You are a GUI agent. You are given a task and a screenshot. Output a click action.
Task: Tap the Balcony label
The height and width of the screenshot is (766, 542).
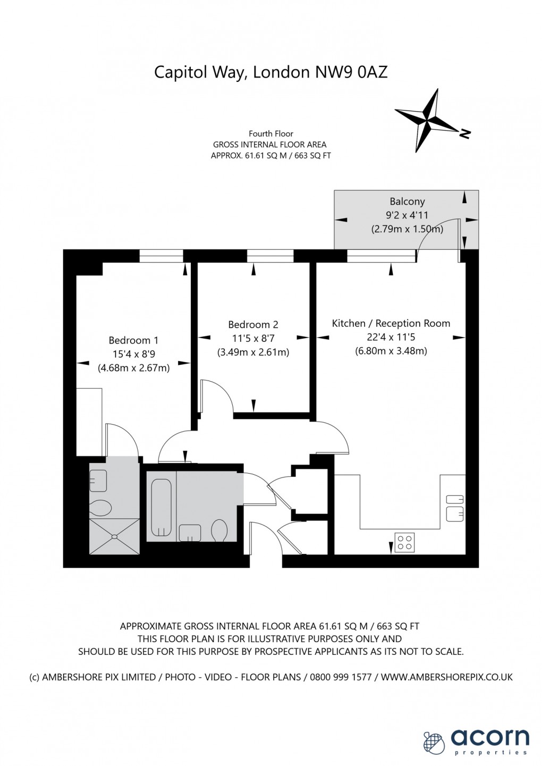(x=407, y=201)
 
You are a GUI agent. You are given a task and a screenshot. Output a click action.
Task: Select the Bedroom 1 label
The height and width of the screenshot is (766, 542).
(x=133, y=340)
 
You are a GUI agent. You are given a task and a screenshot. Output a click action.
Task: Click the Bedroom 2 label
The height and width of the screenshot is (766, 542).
(x=253, y=324)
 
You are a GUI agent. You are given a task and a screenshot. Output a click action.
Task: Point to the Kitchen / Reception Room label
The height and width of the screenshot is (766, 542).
(x=391, y=323)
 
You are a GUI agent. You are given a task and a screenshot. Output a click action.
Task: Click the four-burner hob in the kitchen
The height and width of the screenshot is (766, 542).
(x=404, y=542)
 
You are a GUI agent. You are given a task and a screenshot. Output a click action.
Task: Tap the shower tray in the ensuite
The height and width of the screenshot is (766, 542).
(x=114, y=536)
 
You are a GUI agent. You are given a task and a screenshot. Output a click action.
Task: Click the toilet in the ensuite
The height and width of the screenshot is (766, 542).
(x=100, y=508)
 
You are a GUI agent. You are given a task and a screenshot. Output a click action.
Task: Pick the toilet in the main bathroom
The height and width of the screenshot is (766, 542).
(x=219, y=530)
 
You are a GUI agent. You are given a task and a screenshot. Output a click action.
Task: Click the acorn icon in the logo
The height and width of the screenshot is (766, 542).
(x=434, y=741)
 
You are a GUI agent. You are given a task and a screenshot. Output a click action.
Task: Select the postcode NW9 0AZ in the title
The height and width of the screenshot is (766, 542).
(x=351, y=72)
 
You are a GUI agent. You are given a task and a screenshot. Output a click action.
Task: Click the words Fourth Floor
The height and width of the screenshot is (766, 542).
(x=271, y=134)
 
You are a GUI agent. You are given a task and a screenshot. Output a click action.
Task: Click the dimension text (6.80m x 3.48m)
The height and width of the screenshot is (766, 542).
(x=391, y=351)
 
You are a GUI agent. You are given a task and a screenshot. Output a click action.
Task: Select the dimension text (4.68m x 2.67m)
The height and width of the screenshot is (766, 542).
(x=133, y=368)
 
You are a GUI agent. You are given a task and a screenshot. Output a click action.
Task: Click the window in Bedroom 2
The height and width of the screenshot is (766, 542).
(x=270, y=257)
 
